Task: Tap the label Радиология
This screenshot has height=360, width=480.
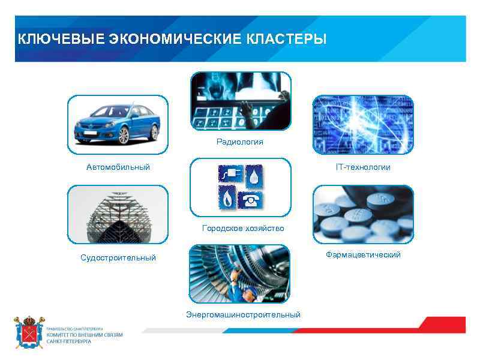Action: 240,142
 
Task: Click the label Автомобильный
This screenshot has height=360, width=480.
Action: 118,167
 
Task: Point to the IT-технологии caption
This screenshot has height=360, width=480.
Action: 363,167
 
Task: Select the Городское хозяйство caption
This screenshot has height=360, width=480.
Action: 243,229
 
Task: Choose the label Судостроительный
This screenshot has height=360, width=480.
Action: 118,257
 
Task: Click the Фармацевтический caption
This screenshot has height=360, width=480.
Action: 363,255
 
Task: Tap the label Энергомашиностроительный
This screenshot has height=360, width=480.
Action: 243,314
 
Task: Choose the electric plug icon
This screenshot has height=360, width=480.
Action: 228,175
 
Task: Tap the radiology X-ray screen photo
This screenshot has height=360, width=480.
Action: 240,101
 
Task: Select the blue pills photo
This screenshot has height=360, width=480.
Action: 363,216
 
